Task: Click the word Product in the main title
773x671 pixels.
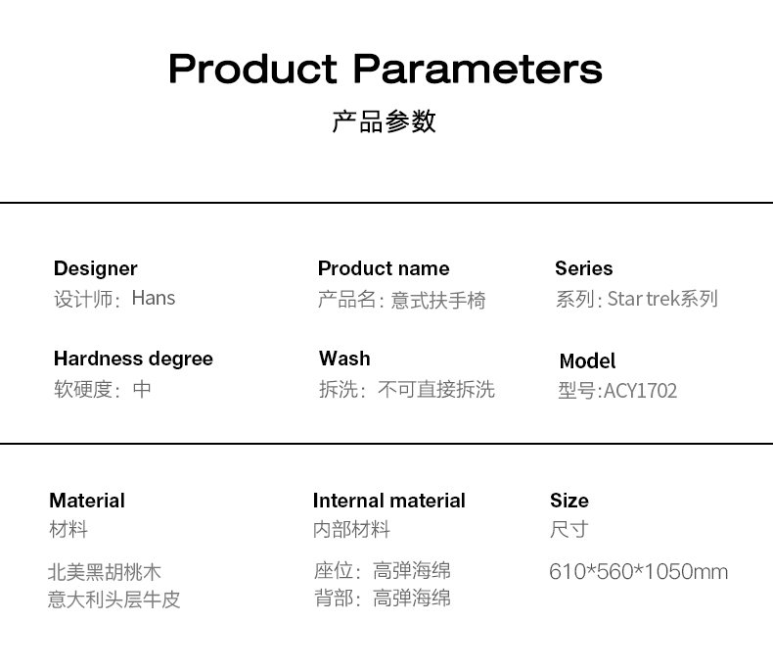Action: click(x=252, y=70)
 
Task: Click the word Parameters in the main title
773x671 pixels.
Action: click(x=477, y=70)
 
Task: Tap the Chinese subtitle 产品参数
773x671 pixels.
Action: click(x=384, y=121)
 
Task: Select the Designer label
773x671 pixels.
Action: click(x=96, y=269)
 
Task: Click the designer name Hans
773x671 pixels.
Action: click(x=154, y=299)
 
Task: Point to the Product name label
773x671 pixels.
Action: click(x=384, y=268)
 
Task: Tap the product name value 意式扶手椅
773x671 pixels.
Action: click(x=438, y=300)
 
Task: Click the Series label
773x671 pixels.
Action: click(x=584, y=268)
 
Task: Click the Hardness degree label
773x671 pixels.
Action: click(x=133, y=359)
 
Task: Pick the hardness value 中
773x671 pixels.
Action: click(x=142, y=389)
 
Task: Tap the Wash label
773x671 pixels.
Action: click(x=344, y=359)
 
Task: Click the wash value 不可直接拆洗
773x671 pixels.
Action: click(x=436, y=389)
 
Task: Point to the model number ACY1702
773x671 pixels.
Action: click(x=640, y=391)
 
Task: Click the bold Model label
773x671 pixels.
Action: click(x=587, y=361)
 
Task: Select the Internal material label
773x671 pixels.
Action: click(x=389, y=501)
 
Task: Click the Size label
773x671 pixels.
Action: click(x=569, y=501)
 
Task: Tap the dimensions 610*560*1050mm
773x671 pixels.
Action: click(x=638, y=572)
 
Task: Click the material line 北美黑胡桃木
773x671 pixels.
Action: click(x=105, y=572)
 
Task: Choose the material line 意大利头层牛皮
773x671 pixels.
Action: click(x=114, y=599)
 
